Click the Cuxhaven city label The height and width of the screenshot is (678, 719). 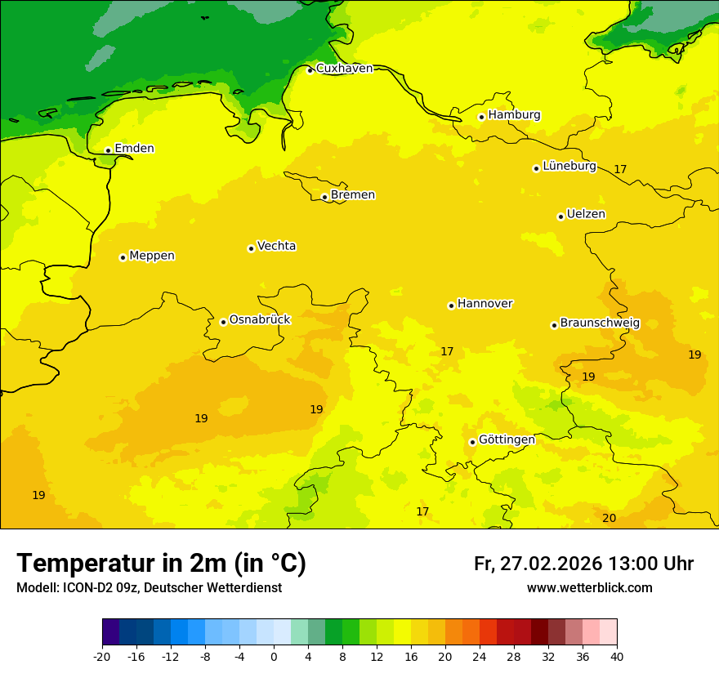tap(344, 69)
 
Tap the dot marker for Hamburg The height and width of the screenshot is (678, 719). tap(481, 117)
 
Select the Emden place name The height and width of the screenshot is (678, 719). tap(134, 149)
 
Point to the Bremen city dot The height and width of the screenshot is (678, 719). tap(324, 197)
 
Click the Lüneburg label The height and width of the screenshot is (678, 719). tap(569, 166)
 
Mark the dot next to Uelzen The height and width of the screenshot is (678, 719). tap(560, 216)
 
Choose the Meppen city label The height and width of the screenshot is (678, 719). tap(152, 256)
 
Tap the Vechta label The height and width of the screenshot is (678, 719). tap(276, 246)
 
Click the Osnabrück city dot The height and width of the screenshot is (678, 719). tap(223, 322)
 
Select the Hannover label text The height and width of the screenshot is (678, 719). tap(485, 304)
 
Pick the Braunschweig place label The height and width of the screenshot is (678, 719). tap(600, 323)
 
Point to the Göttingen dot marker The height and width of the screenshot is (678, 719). tap(472, 442)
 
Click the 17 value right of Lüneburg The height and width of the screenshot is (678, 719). tap(620, 169)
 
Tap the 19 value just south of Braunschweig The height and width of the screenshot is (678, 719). tap(588, 377)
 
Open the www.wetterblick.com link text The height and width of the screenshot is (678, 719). tap(589, 588)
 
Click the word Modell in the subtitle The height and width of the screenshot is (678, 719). tap(37, 588)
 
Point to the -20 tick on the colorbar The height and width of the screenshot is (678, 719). tap(102, 657)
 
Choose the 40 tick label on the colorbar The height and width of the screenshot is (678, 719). tap(617, 657)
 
